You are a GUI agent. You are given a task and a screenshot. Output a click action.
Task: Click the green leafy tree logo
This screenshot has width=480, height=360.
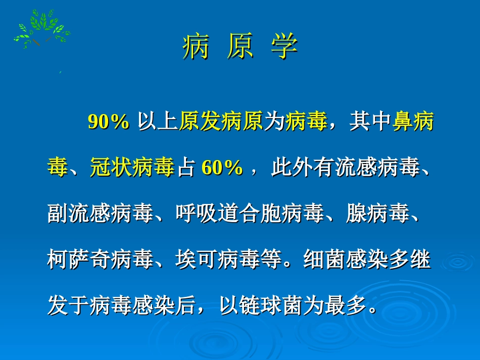(42, 29)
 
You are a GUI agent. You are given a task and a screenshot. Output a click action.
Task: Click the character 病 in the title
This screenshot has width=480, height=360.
(196, 48)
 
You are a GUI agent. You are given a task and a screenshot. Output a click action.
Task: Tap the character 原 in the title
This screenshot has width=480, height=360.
(240, 48)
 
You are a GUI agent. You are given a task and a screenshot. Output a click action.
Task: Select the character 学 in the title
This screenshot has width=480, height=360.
(284, 48)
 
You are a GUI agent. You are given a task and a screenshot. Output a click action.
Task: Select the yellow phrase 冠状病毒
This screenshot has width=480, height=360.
(132, 168)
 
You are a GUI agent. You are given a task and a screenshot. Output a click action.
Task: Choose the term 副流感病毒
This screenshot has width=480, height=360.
(100, 214)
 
